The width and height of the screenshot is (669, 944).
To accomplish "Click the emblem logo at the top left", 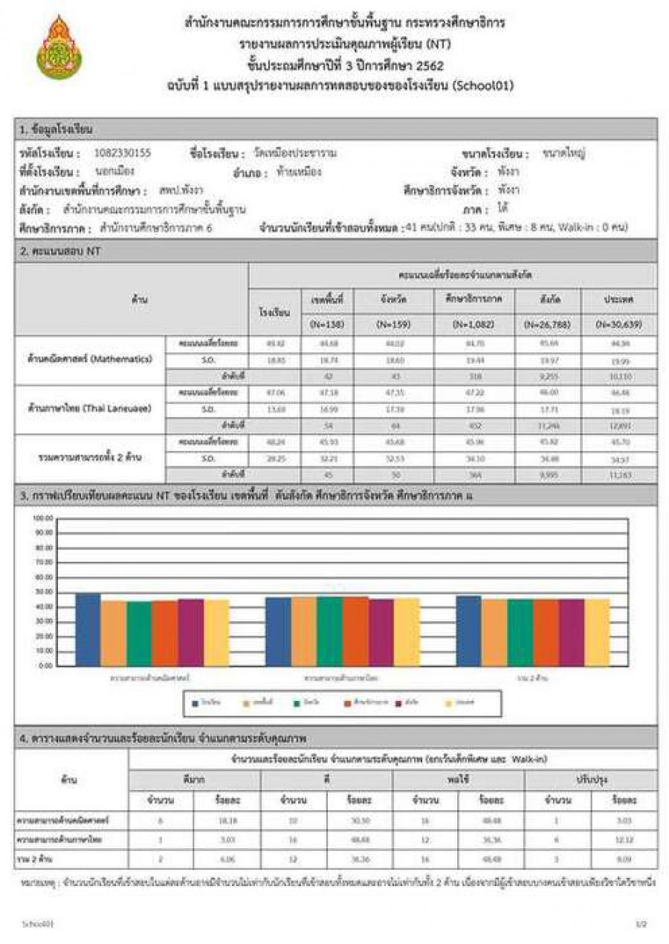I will coord(59,48).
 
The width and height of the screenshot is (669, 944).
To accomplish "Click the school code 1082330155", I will coord(123,153).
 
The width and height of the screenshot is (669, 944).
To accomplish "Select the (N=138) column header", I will coord(327,324).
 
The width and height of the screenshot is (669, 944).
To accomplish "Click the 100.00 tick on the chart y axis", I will coord(43,518).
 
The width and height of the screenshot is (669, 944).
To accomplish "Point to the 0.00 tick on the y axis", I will coord(45,665).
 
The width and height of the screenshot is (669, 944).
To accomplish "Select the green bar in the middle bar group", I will coord(329,631).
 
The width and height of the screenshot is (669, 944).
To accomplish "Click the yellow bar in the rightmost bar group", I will coord(597,632).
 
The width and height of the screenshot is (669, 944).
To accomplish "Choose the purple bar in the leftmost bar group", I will coord(190,632).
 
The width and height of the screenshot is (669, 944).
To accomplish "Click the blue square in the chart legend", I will coord(195,702).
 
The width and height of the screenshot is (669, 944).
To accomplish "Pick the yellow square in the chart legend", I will coord(449,702).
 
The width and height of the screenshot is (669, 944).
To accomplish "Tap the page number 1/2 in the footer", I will coord(641,923).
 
